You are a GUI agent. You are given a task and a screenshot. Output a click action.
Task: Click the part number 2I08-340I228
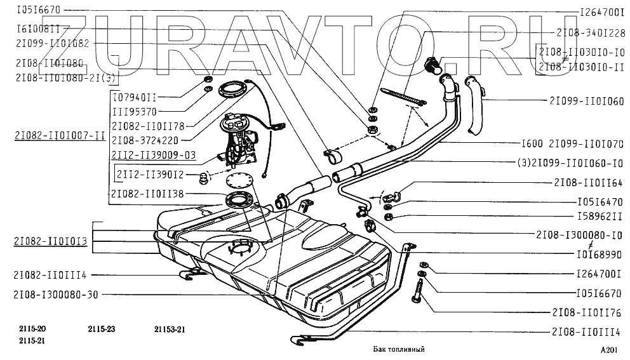(x=591, y=32)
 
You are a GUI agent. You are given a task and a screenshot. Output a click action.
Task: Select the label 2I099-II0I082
(x=53, y=43)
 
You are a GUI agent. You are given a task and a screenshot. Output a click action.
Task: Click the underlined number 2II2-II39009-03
(x=153, y=155)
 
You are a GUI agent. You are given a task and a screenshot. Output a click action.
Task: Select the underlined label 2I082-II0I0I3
(x=49, y=241)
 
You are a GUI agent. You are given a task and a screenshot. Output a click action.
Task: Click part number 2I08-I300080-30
(x=56, y=295)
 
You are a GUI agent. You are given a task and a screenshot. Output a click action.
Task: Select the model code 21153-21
(x=170, y=329)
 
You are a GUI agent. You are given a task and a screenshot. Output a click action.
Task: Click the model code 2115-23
(x=102, y=329)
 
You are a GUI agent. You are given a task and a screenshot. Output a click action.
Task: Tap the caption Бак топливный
(x=398, y=349)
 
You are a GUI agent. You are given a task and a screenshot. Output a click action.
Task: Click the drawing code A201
(x=610, y=350)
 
